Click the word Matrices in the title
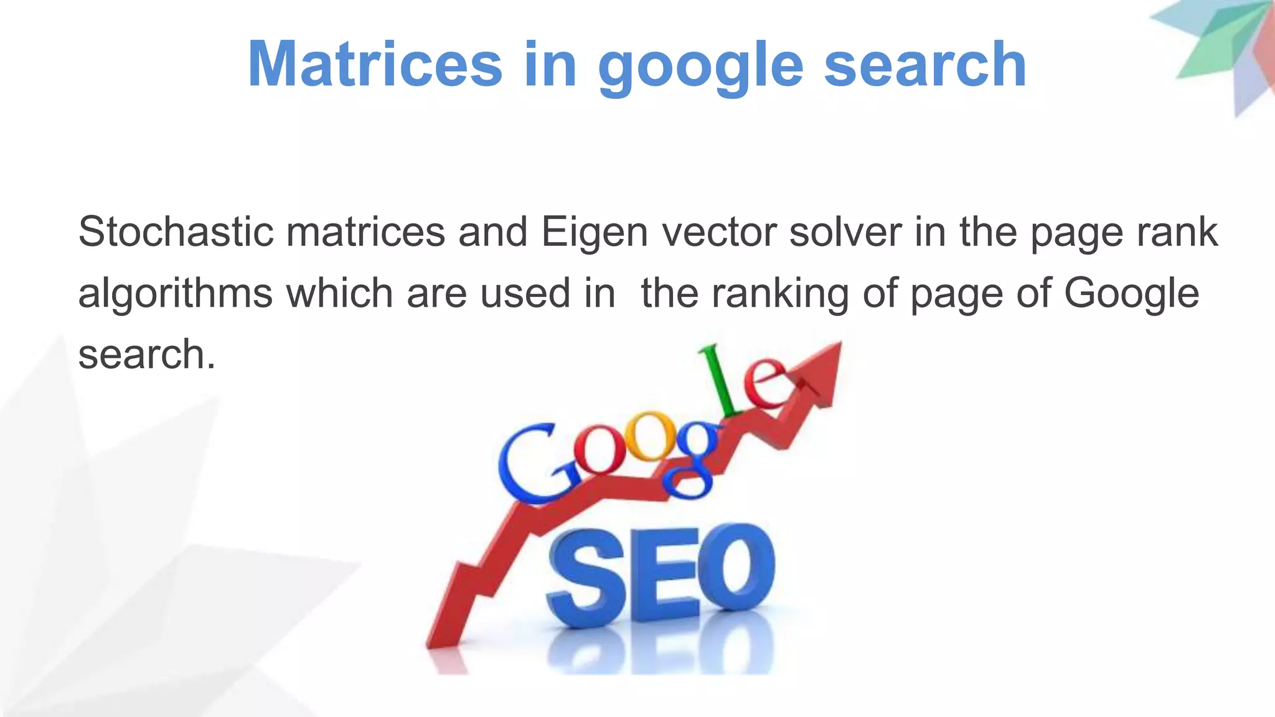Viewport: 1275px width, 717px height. tap(375, 64)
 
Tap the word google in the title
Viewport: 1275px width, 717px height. tap(700, 67)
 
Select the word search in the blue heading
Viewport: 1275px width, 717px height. tap(925, 64)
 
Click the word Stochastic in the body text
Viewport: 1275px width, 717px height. tap(176, 232)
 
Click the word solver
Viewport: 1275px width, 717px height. tap(845, 232)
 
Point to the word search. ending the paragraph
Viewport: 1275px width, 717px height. tap(147, 354)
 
